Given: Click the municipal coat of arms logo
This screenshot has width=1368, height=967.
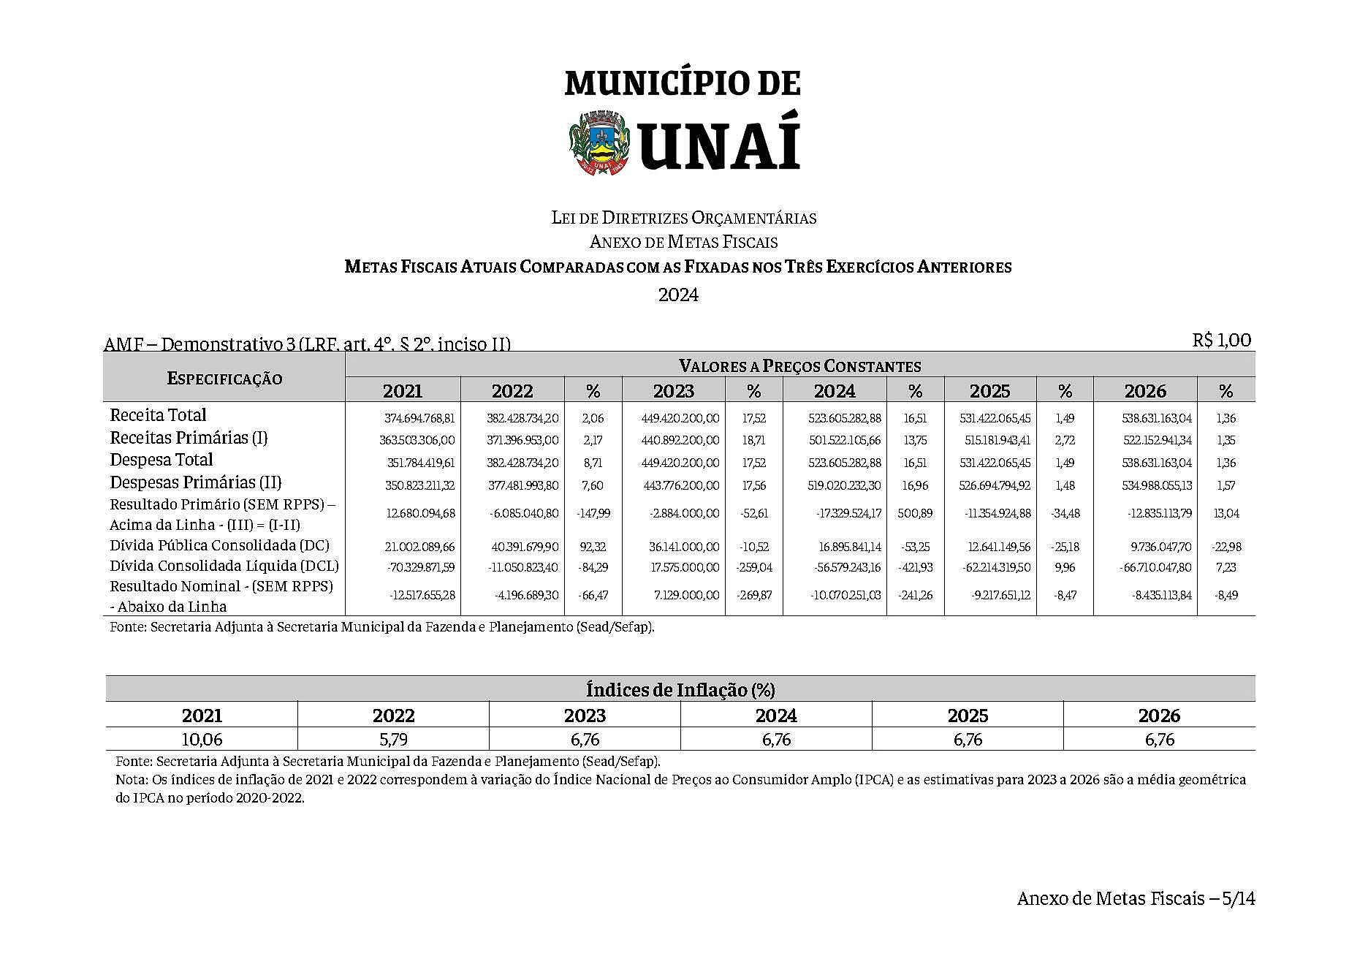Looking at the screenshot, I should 599,143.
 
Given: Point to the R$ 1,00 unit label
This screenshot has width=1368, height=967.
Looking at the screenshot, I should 1221,340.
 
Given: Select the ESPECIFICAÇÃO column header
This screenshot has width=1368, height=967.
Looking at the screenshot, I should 224,378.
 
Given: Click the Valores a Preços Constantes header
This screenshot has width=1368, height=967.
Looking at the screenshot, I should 799,365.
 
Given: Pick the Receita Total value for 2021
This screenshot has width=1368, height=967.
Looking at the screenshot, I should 419,419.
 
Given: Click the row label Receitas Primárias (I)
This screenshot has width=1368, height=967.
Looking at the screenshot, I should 189,438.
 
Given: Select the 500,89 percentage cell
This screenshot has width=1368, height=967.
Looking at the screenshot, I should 915,513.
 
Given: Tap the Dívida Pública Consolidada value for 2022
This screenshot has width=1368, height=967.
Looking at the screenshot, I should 525,547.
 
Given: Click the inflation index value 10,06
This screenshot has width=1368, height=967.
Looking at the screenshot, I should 202,740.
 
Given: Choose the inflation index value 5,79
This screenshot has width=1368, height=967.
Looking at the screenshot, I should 393,740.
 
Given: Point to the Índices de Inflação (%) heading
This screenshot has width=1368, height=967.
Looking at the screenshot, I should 680,689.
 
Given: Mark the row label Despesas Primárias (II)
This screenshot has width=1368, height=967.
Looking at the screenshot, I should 195,482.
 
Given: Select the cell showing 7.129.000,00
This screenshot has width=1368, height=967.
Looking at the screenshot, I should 685,595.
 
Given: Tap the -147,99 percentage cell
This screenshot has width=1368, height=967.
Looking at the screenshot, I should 593,513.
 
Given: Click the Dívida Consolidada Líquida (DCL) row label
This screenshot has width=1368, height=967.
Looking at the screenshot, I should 224,566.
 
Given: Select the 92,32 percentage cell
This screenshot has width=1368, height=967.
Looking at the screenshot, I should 593,547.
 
